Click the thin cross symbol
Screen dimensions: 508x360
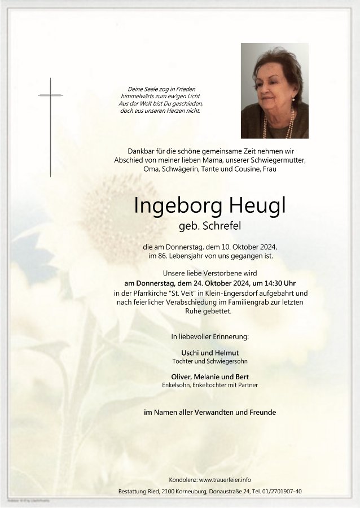50,127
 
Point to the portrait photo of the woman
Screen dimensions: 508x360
274,90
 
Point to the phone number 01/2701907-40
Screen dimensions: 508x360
281,491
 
